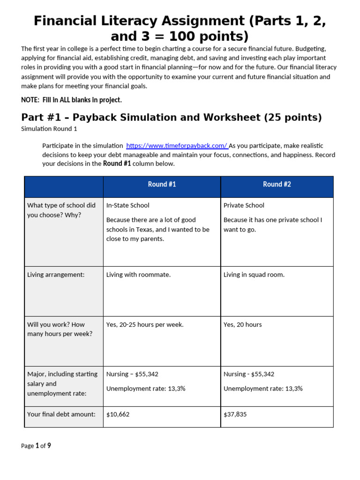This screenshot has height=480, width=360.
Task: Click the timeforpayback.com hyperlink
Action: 177,146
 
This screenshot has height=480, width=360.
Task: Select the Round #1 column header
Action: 162,184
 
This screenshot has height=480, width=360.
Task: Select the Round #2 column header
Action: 277,184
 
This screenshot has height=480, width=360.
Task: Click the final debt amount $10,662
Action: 118,414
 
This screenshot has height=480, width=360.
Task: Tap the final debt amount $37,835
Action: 235,414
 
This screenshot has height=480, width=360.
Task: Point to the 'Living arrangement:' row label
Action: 56,275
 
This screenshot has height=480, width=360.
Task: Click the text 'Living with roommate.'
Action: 138,275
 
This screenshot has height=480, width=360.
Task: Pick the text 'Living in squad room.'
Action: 254,275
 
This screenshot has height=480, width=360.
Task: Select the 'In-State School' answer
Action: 128,205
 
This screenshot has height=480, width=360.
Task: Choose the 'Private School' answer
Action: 244,205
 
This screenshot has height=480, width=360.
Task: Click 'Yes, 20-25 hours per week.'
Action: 145,324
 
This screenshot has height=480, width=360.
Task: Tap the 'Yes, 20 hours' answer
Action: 242,324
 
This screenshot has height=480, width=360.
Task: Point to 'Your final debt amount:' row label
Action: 61,414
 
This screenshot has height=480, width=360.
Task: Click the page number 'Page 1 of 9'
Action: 36,446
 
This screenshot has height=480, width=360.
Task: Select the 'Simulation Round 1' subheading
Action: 49,128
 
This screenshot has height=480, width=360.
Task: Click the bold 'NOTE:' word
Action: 30,100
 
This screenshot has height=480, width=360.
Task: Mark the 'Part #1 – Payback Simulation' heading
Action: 172,117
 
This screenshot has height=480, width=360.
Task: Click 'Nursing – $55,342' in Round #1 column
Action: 132,374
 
